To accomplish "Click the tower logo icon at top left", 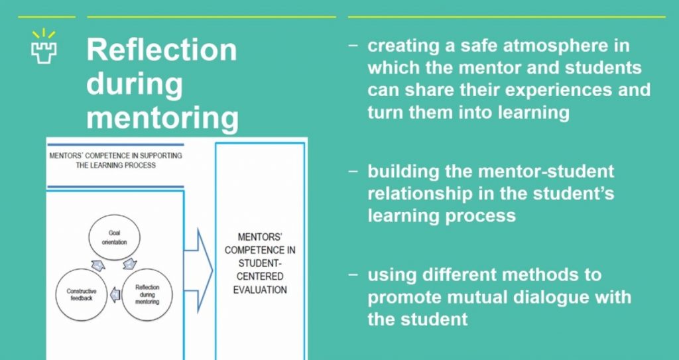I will [x=44, y=45].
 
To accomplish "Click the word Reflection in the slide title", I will [x=161, y=50].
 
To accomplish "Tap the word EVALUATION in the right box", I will [x=260, y=289].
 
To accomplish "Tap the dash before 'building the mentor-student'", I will [x=353, y=171].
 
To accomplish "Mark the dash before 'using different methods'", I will [x=353, y=274].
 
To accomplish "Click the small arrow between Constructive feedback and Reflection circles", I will [x=115, y=291].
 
